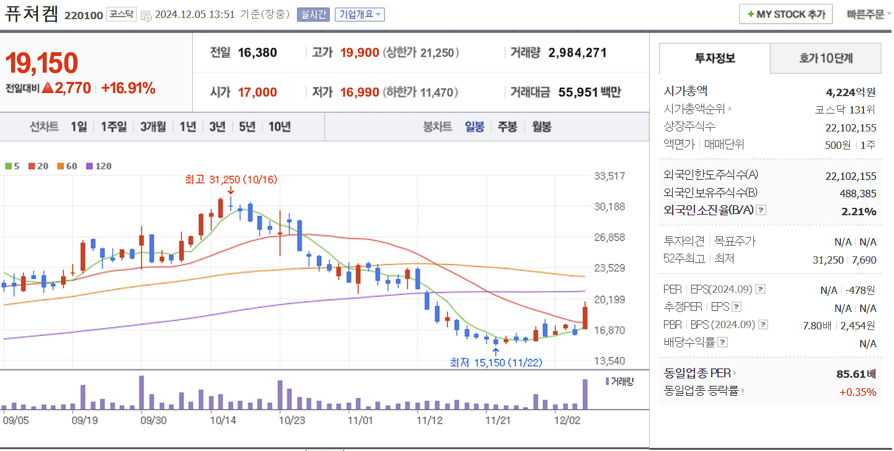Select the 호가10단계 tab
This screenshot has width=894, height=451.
pyautogui.click(x=825, y=58)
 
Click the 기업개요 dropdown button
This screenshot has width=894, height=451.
pyautogui.click(x=360, y=14)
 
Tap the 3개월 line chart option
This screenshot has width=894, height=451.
pyautogui.click(x=153, y=127)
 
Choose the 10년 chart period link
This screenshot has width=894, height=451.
pyautogui.click(x=280, y=127)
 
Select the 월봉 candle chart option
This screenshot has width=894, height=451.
pyautogui.click(x=541, y=127)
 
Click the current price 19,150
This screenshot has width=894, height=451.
pyautogui.click(x=42, y=63)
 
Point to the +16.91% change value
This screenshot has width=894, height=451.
pyautogui.click(x=128, y=88)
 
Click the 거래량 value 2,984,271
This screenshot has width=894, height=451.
pyautogui.click(x=577, y=53)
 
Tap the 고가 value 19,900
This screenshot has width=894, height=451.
pyautogui.click(x=360, y=53)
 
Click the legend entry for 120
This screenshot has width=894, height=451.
pyautogui.click(x=99, y=166)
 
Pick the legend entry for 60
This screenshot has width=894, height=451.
pyautogui.click(x=68, y=166)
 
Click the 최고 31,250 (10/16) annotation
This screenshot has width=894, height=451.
pyautogui.click(x=231, y=179)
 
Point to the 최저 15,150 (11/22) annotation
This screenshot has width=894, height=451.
pyautogui.click(x=496, y=362)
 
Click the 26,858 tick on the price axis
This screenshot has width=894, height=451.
pyautogui.click(x=609, y=238)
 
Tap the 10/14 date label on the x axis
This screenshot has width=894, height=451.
pyautogui.click(x=223, y=420)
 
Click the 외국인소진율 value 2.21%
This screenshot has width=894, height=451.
pyautogui.click(x=859, y=212)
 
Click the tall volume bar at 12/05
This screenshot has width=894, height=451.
pyautogui.click(x=585, y=394)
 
